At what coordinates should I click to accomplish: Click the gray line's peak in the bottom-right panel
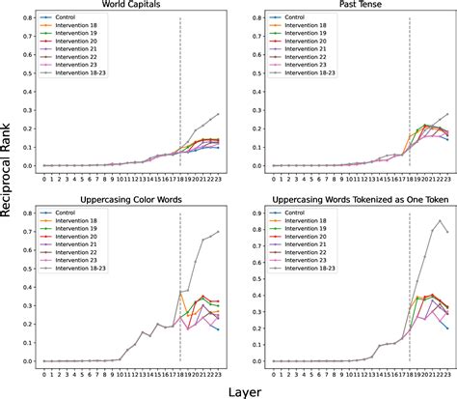tap(442, 221)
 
